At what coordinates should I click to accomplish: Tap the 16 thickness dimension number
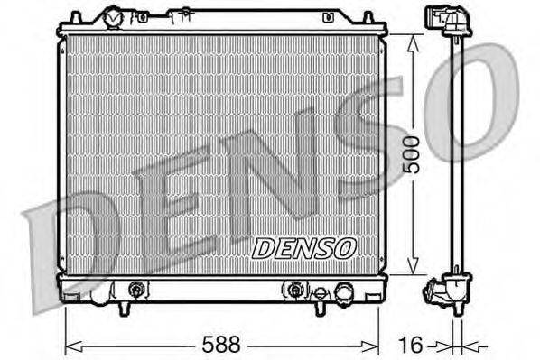[411, 344]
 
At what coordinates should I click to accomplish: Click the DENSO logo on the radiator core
[303, 247]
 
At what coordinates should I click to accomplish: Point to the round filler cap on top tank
[114, 17]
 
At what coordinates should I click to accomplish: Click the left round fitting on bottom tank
[136, 290]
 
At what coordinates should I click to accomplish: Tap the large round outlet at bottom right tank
[343, 291]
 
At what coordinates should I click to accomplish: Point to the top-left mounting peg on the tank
[77, 17]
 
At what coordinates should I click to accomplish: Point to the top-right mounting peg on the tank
[368, 17]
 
